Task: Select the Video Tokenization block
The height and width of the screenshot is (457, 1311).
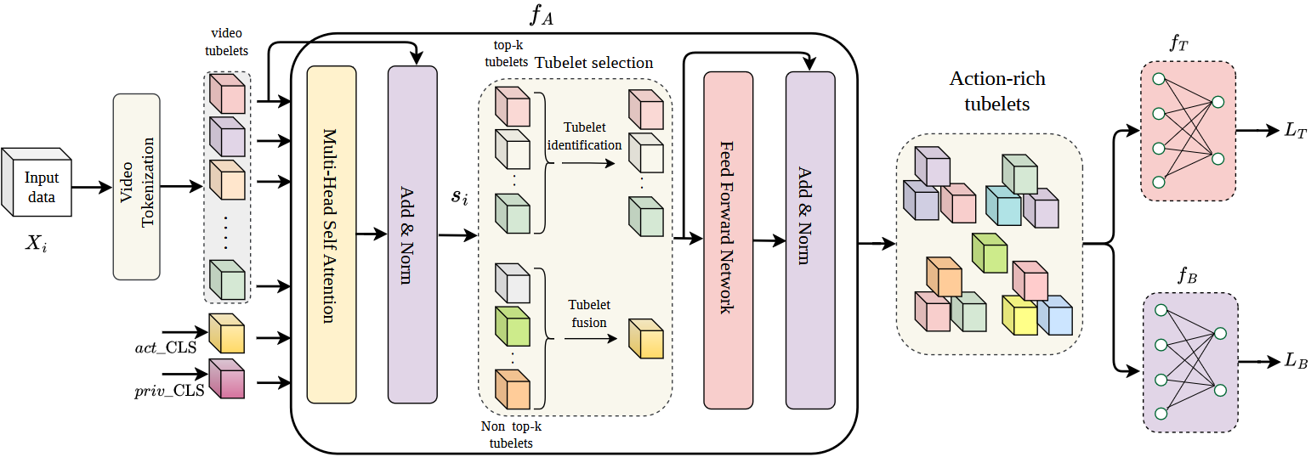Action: point(136,186)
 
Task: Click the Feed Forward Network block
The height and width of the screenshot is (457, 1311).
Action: point(728,240)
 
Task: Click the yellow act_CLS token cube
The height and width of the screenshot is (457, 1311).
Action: point(227,334)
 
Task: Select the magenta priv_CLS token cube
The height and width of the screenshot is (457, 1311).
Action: point(227,380)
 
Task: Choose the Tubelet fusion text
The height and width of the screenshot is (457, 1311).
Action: point(588,313)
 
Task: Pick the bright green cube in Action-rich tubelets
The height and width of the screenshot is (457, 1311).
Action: point(990,252)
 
